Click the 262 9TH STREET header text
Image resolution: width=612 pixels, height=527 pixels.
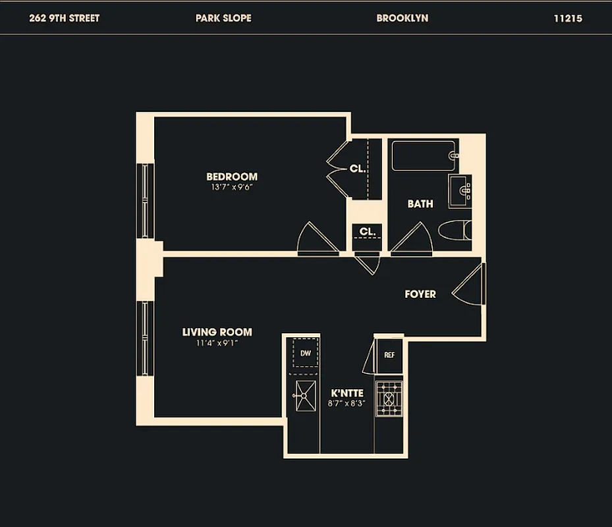65,18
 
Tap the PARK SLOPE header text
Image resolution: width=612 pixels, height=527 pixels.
223,18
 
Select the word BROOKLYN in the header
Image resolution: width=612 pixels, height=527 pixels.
402,18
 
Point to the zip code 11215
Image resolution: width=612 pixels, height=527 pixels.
568,18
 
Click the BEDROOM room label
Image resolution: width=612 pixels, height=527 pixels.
232,177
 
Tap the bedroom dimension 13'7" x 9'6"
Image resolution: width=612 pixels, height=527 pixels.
232,187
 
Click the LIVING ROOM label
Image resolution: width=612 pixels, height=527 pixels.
217,332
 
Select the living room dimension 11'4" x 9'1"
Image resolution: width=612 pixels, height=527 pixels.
217,343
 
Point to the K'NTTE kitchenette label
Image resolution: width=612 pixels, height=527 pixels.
348,393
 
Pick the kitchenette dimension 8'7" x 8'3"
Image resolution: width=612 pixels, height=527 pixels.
348,403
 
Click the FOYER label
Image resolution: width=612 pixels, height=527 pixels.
420,294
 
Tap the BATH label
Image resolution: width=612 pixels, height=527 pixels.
420,204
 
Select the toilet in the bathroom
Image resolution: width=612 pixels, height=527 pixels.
455,231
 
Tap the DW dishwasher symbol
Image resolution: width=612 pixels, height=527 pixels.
306,354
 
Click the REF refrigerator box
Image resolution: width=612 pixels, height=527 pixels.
389,355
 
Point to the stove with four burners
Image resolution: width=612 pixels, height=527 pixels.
389,399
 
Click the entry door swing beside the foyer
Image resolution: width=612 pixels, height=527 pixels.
469,285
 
